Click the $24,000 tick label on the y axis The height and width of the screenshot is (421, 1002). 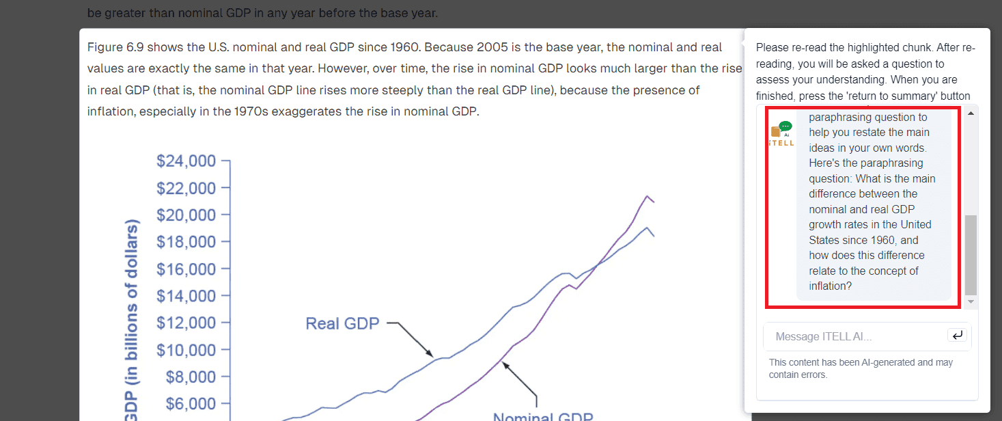186,161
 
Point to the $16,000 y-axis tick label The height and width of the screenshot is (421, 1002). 186,269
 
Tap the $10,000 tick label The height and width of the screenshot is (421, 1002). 186,350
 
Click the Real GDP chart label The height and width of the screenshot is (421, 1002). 342,323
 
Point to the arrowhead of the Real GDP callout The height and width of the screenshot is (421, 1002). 430,354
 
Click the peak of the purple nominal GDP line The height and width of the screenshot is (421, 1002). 647,196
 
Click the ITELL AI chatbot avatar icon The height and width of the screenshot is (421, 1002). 781,133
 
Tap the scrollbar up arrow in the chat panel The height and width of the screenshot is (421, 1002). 971,113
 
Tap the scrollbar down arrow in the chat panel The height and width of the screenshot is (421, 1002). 971,301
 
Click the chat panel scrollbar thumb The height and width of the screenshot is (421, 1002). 971,254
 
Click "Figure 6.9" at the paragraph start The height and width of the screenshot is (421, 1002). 115,47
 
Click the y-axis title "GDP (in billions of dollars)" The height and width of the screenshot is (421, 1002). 132,321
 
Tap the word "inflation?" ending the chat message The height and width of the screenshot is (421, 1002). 831,286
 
